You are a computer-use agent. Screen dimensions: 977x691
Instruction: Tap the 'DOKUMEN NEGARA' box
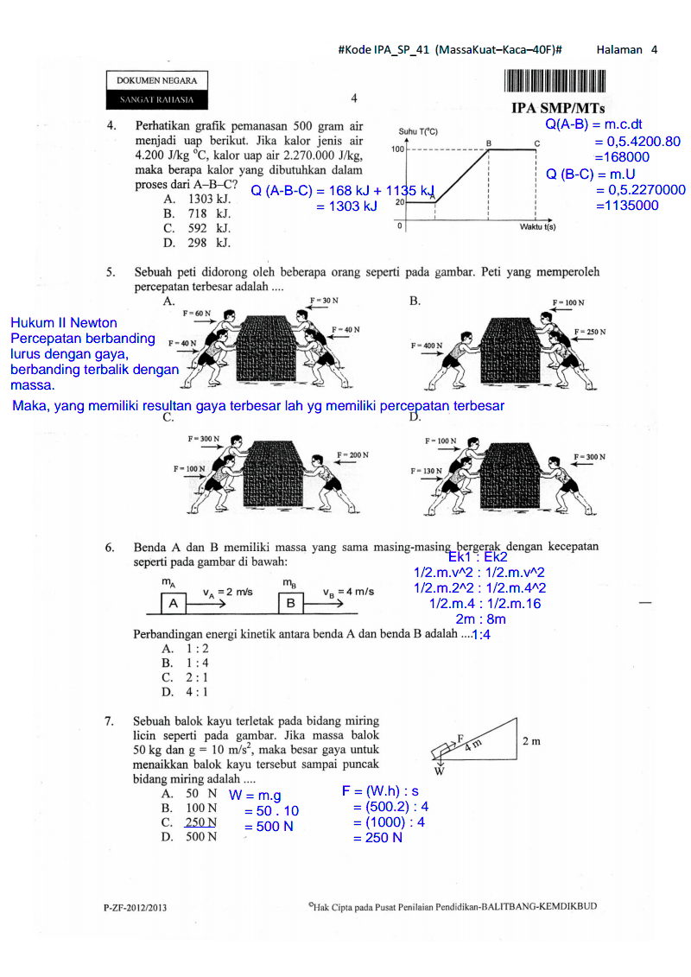click(156, 80)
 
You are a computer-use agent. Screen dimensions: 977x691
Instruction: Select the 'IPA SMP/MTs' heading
click(558, 109)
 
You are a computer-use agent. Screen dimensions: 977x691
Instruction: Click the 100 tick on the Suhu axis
click(398, 149)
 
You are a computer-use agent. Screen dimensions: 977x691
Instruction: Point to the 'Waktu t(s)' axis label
click(537, 226)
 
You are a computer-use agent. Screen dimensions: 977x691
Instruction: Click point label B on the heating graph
click(488, 142)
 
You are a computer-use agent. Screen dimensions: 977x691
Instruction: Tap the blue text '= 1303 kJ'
click(346, 206)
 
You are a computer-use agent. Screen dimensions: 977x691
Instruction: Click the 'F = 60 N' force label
click(197, 313)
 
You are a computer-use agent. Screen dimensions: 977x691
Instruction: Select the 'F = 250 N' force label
click(590, 332)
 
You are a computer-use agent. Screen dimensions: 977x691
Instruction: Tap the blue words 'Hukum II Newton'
click(64, 322)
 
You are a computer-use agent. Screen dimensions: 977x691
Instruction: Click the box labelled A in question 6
click(174, 603)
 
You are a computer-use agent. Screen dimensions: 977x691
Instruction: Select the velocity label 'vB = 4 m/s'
click(348, 592)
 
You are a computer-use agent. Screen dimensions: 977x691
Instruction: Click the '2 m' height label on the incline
click(533, 740)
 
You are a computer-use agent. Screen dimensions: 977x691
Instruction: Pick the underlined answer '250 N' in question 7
click(200, 822)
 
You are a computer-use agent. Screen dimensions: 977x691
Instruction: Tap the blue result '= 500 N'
click(269, 827)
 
